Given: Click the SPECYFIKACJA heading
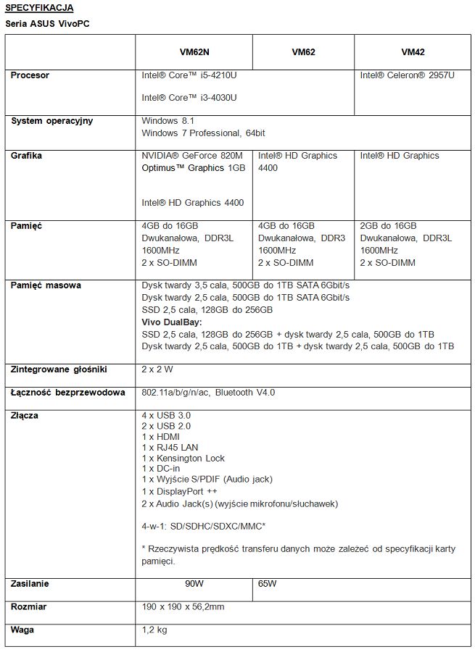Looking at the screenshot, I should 39,7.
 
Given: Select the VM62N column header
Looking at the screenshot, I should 194,52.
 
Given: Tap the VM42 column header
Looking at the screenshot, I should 413,52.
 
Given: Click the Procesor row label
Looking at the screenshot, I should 30,75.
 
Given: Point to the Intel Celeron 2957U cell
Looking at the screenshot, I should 408,75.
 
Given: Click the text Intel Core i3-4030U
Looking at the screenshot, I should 189,97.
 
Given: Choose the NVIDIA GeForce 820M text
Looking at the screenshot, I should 194,156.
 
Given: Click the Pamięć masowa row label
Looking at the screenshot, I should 46,285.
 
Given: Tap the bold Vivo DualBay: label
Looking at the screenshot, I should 172,322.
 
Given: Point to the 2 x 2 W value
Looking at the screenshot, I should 157,369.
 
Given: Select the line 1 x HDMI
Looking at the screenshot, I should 161,437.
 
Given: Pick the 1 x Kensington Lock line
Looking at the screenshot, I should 183,458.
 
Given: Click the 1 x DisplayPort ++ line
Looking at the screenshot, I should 180,491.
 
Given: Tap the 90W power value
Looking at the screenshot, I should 194,584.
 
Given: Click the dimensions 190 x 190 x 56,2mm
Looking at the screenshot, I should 183,606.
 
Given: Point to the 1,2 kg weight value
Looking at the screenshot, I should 154,630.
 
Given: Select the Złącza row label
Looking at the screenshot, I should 25,416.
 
